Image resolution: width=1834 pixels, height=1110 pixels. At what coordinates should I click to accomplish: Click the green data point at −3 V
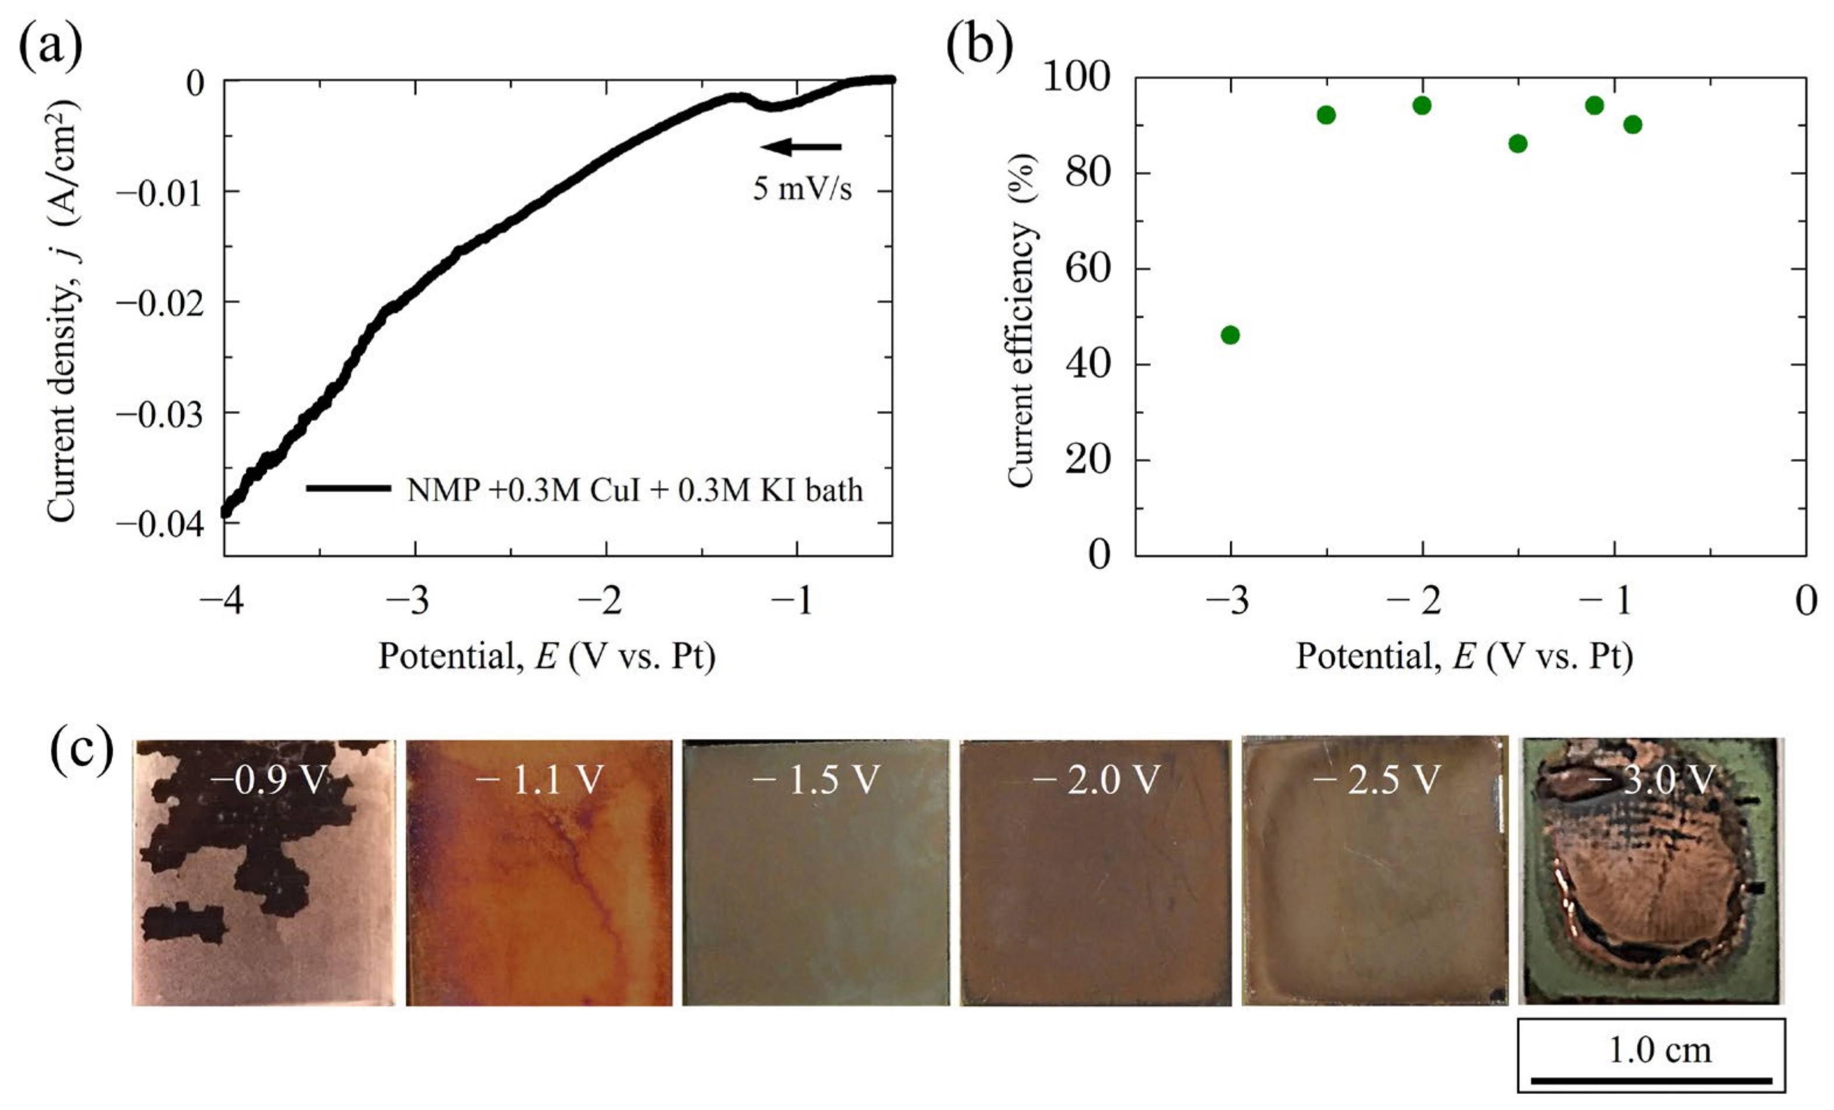(1230, 335)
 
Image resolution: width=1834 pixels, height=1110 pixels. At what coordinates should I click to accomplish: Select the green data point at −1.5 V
(1518, 144)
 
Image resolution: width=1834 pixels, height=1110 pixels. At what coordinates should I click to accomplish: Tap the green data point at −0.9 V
(1633, 124)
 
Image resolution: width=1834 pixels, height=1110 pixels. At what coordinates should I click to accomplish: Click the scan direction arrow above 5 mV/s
(801, 146)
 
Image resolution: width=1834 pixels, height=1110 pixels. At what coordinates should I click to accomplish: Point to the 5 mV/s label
(802, 189)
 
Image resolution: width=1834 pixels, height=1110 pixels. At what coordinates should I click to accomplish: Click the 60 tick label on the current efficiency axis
(1087, 268)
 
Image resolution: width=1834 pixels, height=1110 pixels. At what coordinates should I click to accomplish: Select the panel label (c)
(81, 749)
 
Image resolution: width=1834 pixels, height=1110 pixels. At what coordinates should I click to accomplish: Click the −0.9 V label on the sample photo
(269, 780)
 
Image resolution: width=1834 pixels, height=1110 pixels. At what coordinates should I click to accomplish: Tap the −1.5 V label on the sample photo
(816, 780)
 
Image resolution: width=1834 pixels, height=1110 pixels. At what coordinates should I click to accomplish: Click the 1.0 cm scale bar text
(1660, 1050)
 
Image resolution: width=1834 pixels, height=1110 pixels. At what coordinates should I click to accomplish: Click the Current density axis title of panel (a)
(63, 312)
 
